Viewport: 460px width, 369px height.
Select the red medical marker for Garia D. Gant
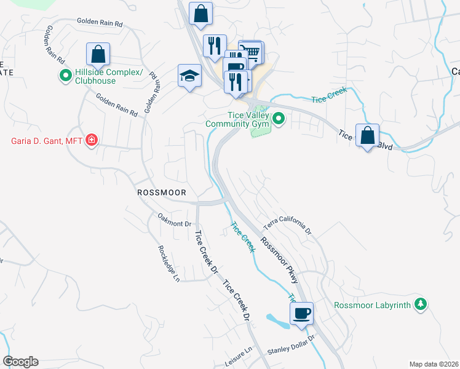click(92, 141)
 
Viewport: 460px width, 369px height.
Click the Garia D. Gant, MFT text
click(47, 141)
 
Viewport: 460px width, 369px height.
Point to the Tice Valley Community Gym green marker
click(279, 118)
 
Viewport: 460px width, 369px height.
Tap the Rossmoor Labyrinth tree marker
click(421, 304)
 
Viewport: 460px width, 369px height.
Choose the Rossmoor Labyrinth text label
click(373, 305)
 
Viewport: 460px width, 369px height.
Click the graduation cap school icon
click(190, 76)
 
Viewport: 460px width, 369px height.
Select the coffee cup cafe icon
click(301, 314)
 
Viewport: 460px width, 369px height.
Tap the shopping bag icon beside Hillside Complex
click(98, 54)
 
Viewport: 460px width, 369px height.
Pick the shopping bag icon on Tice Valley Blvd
click(367, 136)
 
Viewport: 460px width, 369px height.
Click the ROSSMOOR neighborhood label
click(161, 192)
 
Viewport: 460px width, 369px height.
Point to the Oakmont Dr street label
click(175, 220)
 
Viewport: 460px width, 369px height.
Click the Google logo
click(20, 362)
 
